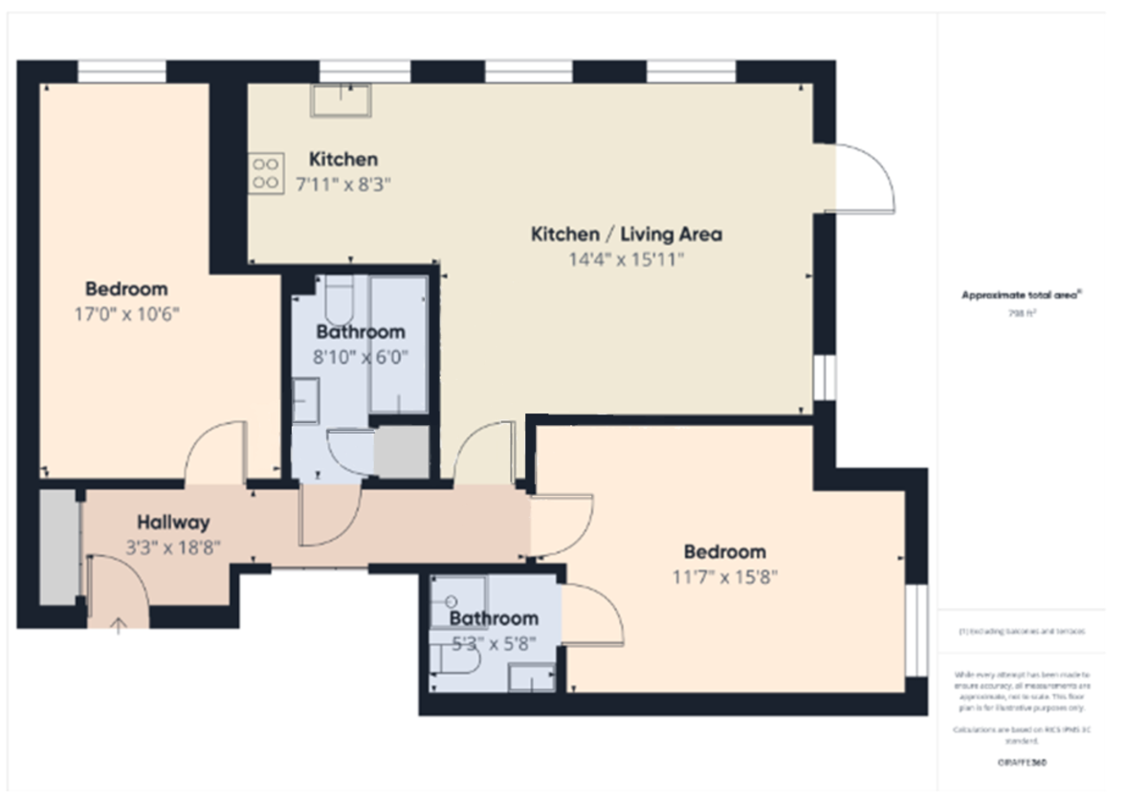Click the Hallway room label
pos(172,523)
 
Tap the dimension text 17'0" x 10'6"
pos(126,313)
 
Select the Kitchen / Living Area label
pos(626,234)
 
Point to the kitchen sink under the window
pos(340,100)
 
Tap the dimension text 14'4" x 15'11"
pos(626,259)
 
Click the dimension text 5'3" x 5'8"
pos(494,643)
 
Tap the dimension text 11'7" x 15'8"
pos(724,577)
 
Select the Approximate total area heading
pos(1020,296)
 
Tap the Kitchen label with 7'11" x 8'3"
pos(342,159)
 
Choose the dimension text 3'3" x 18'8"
pos(172,547)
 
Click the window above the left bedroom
pos(121,72)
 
